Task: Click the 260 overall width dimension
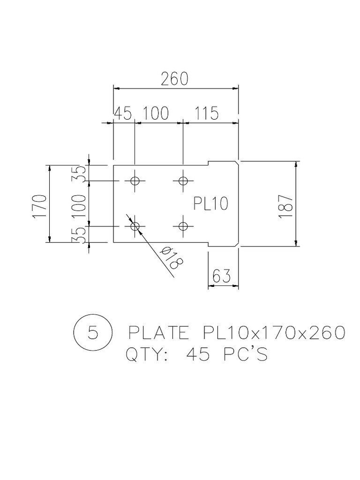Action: coord(175,79)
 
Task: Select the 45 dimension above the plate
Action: coord(122,114)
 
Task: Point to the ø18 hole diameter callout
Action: coord(171,258)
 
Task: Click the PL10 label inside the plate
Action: coord(210,204)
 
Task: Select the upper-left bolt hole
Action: coord(135,180)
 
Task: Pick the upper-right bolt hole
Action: coord(183,180)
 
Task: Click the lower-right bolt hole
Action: coord(183,226)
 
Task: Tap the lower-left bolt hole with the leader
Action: coord(135,226)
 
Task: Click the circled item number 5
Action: coord(93,333)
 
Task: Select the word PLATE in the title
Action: coord(158,333)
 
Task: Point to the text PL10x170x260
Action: coord(274,333)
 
